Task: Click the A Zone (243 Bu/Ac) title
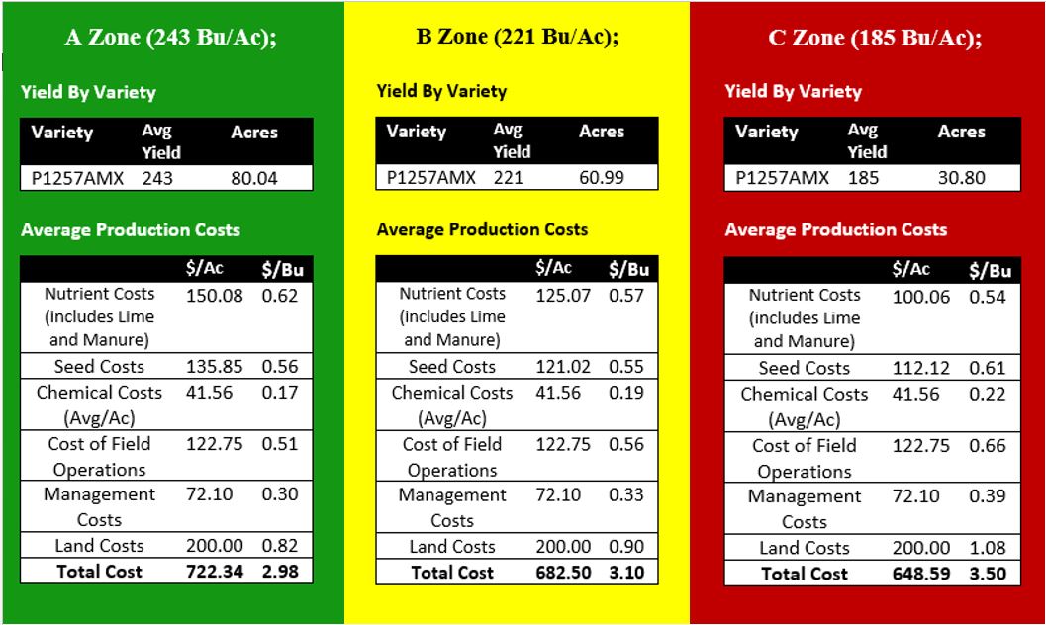pyautogui.click(x=170, y=38)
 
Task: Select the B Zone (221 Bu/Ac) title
pyautogui.click(x=517, y=37)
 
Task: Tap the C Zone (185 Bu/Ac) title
pyautogui.click(x=875, y=38)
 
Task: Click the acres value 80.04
pyautogui.click(x=254, y=179)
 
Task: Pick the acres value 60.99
pyautogui.click(x=602, y=178)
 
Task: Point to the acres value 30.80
pyautogui.click(x=961, y=178)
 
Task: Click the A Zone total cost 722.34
pyautogui.click(x=214, y=571)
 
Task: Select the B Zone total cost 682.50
pyautogui.click(x=563, y=573)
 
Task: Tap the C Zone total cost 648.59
pyautogui.click(x=921, y=574)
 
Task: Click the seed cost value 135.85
pyautogui.click(x=214, y=367)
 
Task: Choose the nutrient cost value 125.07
pyautogui.click(x=563, y=295)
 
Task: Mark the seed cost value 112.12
pyautogui.click(x=921, y=368)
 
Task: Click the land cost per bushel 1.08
pyautogui.click(x=987, y=548)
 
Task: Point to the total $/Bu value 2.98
pyautogui.click(x=279, y=571)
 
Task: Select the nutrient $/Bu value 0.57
pyautogui.click(x=626, y=295)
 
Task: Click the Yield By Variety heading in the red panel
pyautogui.click(x=794, y=91)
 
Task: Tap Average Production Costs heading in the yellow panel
pyautogui.click(x=482, y=229)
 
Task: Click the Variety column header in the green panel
pyautogui.click(x=62, y=132)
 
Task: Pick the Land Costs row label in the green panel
pyautogui.click(x=99, y=546)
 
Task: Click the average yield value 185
pyautogui.click(x=863, y=178)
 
